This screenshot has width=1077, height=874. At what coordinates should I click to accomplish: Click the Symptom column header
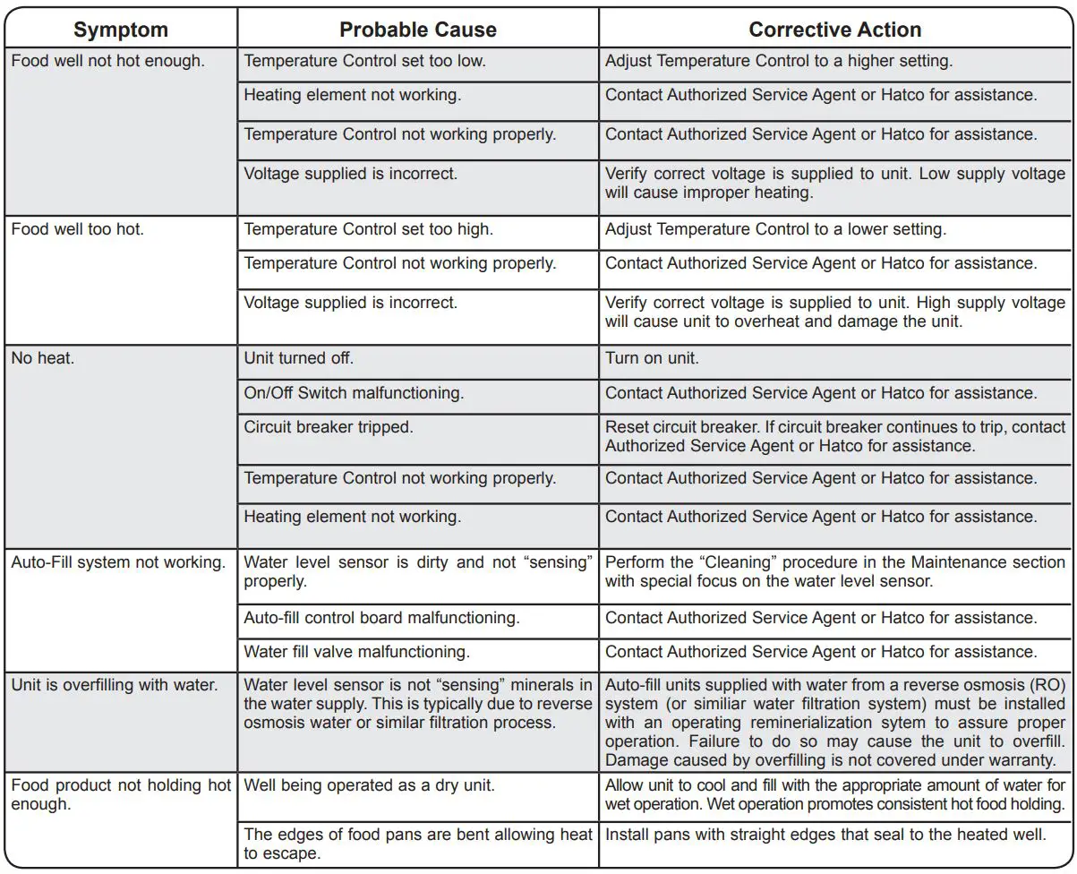[x=121, y=30]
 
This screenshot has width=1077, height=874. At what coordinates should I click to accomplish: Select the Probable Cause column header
[x=418, y=30]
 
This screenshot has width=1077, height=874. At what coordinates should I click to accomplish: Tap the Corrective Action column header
[x=834, y=30]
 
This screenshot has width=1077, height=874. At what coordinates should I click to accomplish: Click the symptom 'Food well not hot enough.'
[x=107, y=62]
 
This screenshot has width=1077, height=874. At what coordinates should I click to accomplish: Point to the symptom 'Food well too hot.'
[x=78, y=229]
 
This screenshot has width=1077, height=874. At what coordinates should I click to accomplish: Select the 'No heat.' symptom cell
[x=43, y=358]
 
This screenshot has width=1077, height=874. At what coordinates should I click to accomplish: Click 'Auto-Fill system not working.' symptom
[x=118, y=562]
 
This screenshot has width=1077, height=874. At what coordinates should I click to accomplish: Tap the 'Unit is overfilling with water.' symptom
[x=115, y=685]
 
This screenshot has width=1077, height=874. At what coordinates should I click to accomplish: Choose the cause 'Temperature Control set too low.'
[x=365, y=62]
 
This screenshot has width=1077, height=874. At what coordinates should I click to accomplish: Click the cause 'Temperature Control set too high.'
[x=369, y=229]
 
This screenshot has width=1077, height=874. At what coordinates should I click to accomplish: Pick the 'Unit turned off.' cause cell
[x=299, y=358]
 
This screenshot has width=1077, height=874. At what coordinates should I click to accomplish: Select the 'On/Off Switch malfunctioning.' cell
[x=352, y=393]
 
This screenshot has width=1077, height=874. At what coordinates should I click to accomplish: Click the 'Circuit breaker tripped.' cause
[x=329, y=427]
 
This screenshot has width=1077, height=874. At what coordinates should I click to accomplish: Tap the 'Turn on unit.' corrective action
[x=652, y=358]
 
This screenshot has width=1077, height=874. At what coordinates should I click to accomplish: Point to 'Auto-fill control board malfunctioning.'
[x=382, y=618]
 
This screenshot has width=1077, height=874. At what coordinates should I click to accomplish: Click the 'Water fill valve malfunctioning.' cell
[x=357, y=652]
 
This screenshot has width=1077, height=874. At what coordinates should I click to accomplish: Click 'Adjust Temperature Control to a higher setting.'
[x=779, y=62]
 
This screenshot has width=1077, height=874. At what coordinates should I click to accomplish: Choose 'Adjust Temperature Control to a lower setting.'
[x=775, y=229]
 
